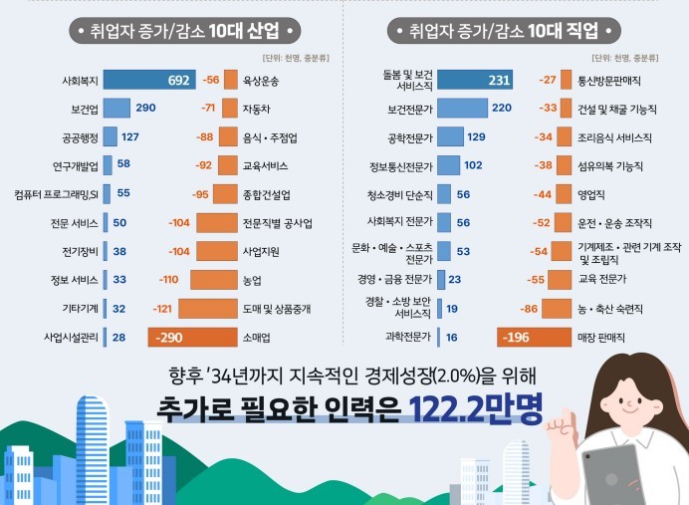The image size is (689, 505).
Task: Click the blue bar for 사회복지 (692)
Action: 150,79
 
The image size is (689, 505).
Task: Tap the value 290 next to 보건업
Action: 145,108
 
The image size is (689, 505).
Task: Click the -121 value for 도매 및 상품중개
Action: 162,309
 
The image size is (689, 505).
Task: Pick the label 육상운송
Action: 262,79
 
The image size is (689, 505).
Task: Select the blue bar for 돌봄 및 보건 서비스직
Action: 475,80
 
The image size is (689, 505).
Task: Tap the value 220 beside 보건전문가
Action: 501,108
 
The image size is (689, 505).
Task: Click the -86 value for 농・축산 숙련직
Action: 530,309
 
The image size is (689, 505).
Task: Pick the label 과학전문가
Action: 408,338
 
